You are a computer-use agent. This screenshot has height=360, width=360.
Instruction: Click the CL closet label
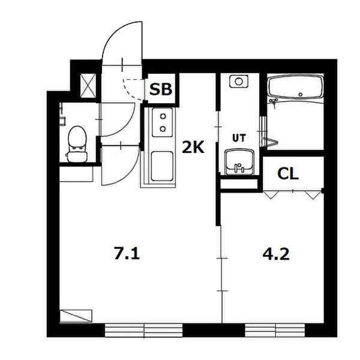click(288, 174)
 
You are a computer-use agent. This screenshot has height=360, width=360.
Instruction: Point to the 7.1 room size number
click(127, 254)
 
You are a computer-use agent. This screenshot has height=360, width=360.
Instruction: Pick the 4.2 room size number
click(277, 254)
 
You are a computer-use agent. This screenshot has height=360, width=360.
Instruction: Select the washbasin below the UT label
click(239, 161)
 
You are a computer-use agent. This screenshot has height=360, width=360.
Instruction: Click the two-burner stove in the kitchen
click(161, 122)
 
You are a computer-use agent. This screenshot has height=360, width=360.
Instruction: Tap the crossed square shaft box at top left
click(88, 85)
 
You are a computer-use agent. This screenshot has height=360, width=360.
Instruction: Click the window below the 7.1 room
click(143, 329)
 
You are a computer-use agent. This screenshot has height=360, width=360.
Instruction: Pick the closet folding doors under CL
click(293, 193)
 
